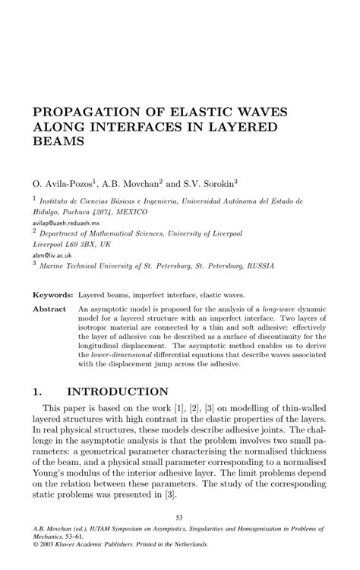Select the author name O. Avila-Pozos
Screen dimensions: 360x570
pyautogui.click(x=62, y=183)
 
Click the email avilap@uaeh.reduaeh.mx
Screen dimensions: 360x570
pyautogui.click(x=68, y=226)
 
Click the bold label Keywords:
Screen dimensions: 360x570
pyautogui.click(x=52, y=293)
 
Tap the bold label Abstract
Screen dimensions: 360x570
pyautogui.click(x=49, y=310)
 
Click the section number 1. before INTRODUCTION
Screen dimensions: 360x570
pyautogui.click(x=38, y=392)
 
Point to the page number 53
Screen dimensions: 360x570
pyautogui.click(x=180, y=517)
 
